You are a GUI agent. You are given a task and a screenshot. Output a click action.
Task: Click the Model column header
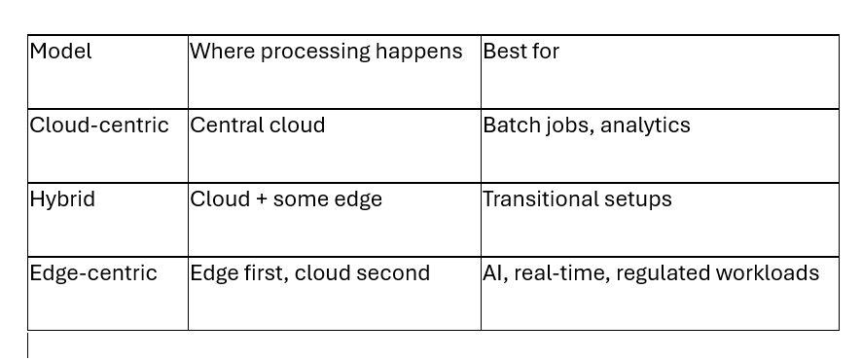pos(60,52)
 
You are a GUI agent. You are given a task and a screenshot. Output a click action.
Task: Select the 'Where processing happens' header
pos(326,52)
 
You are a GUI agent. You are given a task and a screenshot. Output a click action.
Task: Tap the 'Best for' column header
pos(521,52)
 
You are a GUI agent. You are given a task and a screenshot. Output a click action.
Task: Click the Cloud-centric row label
pos(99,125)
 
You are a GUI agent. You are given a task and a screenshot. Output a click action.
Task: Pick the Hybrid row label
pos(62,198)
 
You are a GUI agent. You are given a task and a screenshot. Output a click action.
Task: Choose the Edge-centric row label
pos(93,272)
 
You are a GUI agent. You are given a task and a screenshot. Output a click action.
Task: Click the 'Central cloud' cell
pos(257,125)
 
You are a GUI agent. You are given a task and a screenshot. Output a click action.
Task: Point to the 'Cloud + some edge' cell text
pos(286,198)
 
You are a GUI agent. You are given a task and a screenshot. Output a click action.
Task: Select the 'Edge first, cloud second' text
pos(310,272)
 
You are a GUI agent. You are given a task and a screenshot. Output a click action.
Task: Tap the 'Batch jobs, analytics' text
pos(587,125)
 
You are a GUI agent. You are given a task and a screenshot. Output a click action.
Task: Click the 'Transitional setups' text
pos(577,198)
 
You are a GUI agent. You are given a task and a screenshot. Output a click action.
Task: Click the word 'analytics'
pos(645,126)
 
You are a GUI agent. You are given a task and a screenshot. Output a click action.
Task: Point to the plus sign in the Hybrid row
pos(262,199)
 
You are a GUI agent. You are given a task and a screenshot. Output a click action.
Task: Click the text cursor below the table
pos(28,345)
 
